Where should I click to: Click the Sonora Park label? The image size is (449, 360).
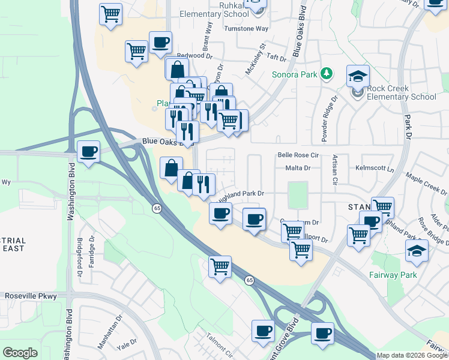294,75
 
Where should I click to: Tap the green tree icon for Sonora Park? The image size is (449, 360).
326,74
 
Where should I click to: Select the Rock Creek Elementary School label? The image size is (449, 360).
401,92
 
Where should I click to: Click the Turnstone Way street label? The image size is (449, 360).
246,29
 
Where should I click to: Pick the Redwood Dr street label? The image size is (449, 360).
194,55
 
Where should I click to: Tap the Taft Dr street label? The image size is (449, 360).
277,58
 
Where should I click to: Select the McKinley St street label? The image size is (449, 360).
255,59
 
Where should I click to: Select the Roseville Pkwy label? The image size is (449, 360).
31,296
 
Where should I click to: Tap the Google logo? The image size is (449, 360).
20,353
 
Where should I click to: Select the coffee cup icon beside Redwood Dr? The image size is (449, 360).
161,43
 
